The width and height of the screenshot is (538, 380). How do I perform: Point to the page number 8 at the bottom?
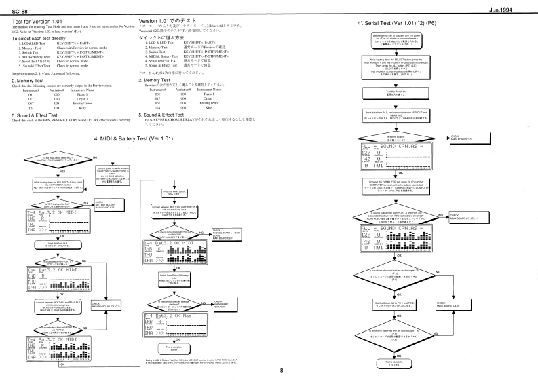(271, 370)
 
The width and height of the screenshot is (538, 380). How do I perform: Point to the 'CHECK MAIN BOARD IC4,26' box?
(450, 285)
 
